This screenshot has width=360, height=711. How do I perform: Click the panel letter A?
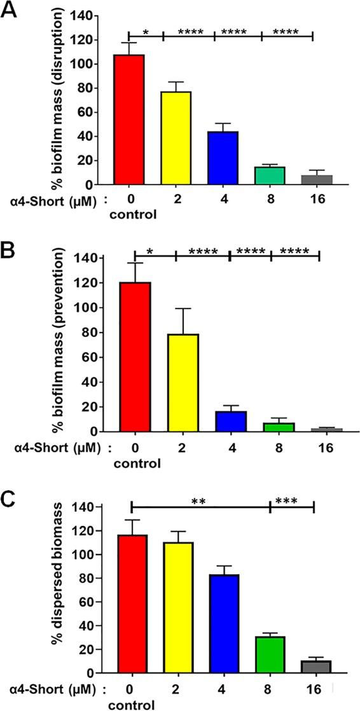11,11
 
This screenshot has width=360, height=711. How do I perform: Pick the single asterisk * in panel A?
146,31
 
